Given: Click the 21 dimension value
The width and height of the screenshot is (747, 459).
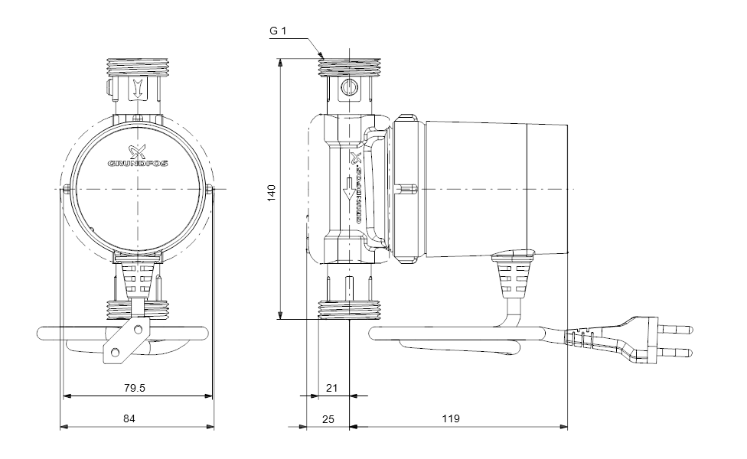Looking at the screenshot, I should click(331, 388).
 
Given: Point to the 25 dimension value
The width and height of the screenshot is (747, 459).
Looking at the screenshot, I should click(328, 418).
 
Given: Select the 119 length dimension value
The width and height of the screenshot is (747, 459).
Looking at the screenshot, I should click(451, 418).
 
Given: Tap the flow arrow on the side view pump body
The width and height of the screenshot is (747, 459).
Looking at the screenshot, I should click(350, 188).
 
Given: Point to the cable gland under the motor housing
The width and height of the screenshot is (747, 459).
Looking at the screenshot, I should click(512, 278).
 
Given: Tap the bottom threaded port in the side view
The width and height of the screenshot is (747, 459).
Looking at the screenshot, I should click(348, 311).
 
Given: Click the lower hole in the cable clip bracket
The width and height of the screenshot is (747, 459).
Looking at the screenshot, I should click(115, 352).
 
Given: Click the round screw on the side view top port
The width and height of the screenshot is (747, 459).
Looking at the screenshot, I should click(349, 87).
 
